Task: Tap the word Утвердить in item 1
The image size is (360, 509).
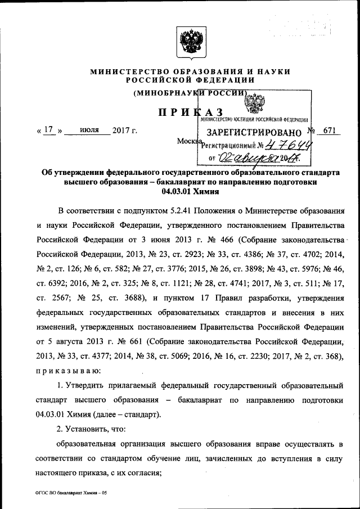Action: click(89, 386)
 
